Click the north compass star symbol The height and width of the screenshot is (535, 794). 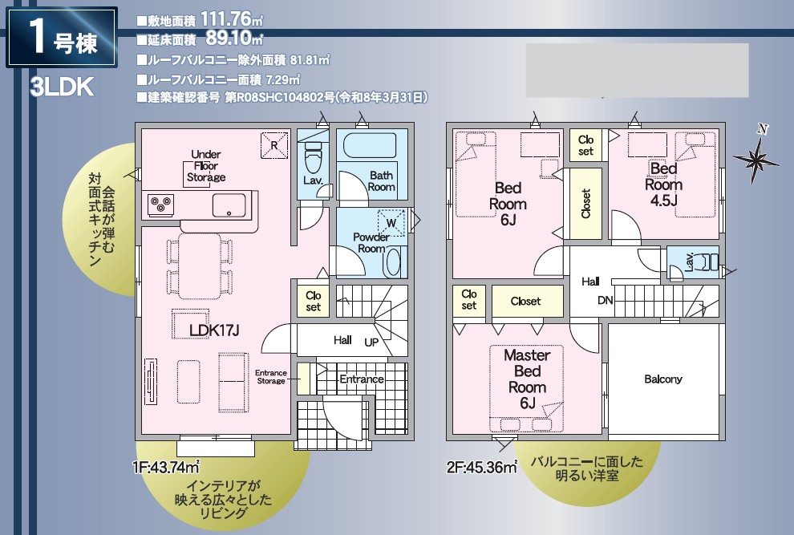click(756, 160)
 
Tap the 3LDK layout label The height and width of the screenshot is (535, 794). click(62, 87)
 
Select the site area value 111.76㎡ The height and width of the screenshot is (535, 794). click(232, 20)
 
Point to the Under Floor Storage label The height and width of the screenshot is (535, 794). click(206, 166)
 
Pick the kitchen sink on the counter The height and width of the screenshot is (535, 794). click(229, 205)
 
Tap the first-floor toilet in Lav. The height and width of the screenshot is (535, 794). click(313, 156)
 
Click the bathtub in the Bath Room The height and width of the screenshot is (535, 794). click(371, 145)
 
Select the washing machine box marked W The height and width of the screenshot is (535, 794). click(391, 222)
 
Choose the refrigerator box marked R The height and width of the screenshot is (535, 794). click(274, 146)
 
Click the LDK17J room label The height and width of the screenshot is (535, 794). click(214, 330)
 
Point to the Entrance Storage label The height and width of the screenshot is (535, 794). click(271, 377)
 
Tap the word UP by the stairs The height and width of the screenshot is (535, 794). click(371, 342)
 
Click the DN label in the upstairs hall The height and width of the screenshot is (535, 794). click(605, 301)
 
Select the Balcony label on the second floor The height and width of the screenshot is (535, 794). click(662, 379)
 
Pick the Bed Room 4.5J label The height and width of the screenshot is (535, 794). click(663, 184)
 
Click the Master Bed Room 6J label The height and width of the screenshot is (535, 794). click(527, 379)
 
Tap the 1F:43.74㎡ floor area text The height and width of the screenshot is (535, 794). click(165, 467)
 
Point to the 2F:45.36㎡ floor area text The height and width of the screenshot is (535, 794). click(481, 467)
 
